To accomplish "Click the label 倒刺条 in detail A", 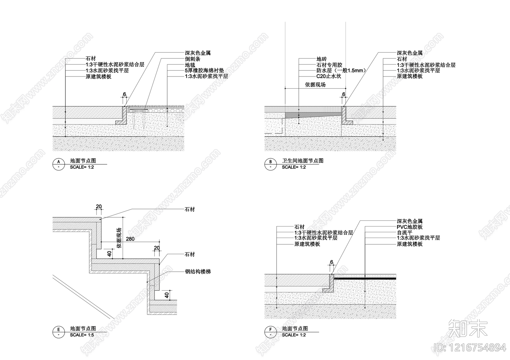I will (193, 59).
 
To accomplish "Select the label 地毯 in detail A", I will (190, 65).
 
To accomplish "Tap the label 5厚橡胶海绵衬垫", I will (204, 70).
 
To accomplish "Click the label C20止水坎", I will (329, 76).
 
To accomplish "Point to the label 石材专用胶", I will (329, 65).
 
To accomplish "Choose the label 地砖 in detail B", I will (322, 59).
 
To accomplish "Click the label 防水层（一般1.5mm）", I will (341, 70).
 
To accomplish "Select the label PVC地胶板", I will (410, 227).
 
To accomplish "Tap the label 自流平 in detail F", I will (404, 233).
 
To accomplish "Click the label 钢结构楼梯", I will (198, 272).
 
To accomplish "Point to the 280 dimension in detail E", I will (130, 239).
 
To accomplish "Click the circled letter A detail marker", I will (58, 162).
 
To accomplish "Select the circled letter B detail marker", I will (270, 162).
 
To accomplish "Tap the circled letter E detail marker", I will (58, 330).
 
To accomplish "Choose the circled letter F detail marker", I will (270, 330).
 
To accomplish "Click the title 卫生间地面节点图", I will (302, 161).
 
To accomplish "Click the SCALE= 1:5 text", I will (82, 335).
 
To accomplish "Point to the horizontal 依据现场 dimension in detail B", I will (315, 85).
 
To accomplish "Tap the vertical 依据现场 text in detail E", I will (119, 237).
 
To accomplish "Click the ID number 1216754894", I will (470, 347).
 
